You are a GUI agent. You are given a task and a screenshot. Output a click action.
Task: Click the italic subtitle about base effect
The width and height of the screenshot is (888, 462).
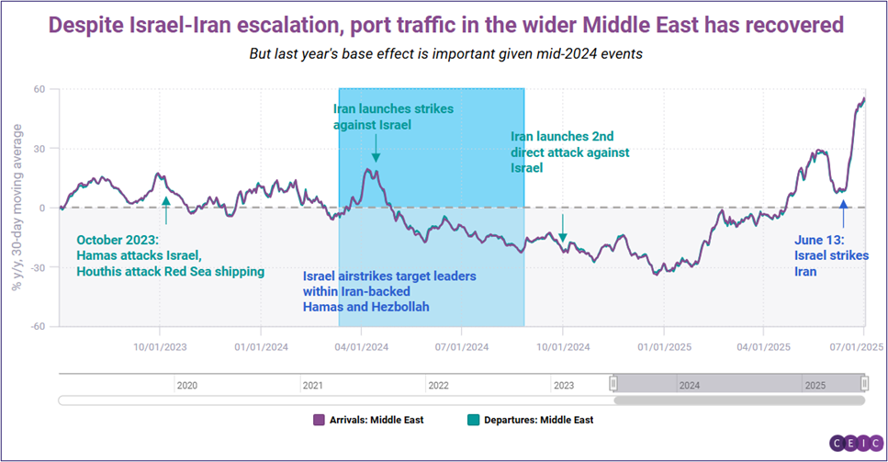[x=445, y=53]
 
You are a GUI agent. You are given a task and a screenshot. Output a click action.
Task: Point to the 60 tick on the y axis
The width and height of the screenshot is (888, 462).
[x=40, y=89]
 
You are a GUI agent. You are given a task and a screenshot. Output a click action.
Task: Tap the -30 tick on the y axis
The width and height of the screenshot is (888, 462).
[x=38, y=267]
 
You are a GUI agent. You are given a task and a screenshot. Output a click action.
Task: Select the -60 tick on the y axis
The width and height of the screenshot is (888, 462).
[x=38, y=326]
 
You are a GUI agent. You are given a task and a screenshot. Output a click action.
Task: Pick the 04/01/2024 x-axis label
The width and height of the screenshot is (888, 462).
[x=361, y=346]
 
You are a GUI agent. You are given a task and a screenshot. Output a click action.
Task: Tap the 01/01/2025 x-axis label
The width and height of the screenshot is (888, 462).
[x=662, y=346]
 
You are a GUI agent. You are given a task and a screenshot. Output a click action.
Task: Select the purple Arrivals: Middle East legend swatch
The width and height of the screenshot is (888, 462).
[x=320, y=420]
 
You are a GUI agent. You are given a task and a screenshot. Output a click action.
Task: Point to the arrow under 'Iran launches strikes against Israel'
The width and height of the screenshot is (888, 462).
[x=377, y=146]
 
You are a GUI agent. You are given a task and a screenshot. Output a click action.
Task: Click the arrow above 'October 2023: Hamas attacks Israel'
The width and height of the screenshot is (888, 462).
[x=165, y=210]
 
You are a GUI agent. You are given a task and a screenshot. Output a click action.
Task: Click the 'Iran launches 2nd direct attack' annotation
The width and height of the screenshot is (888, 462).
[x=569, y=151]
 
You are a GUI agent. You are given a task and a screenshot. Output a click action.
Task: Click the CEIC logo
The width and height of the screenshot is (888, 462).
[x=856, y=444]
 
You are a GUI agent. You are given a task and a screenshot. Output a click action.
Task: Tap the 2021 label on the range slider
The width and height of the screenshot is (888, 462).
[x=312, y=386]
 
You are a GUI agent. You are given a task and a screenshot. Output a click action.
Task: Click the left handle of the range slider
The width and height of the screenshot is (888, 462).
[x=614, y=383]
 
